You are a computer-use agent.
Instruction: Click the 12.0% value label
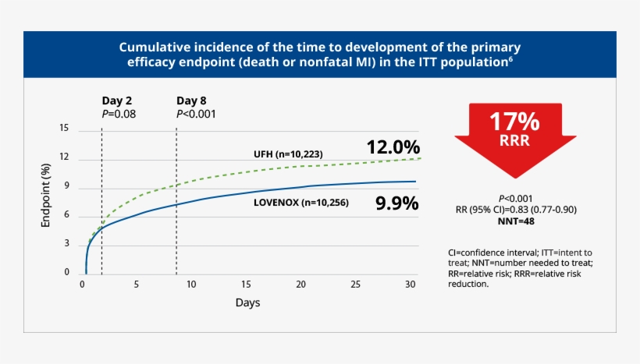point(393,147)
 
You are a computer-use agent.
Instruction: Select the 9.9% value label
point(397,204)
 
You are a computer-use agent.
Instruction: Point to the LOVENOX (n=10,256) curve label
point(300,203)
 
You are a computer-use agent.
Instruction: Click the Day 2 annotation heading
point(117,101)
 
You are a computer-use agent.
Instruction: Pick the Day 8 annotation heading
point(191,101)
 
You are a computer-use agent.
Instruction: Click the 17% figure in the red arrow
point(514,122)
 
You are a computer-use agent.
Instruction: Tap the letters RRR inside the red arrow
point(514,140)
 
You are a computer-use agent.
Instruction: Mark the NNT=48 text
point(515,221)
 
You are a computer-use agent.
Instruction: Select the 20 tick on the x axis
point(301,284)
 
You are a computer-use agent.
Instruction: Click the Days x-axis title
point(248,302)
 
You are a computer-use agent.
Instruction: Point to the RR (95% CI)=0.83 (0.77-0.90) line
point(516,210)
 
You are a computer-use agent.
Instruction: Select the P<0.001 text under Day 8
point(196,114)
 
